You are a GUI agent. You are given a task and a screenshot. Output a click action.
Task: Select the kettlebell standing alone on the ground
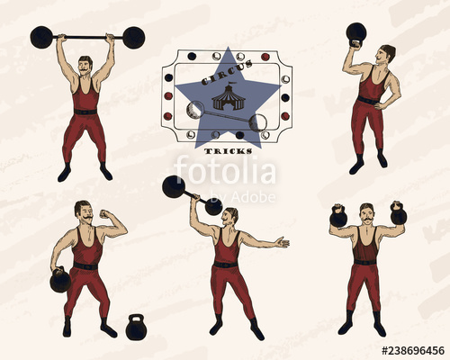point(136,328)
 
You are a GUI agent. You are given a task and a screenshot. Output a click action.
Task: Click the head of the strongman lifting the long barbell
point(85,66)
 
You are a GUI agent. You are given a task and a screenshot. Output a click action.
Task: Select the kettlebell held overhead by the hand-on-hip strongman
point(356,34)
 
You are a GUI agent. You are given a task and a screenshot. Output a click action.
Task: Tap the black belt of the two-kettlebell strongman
point(364,262)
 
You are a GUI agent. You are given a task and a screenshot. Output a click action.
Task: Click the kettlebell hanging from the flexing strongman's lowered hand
point(60,280)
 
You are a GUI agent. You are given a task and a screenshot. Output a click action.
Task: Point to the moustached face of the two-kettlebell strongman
point(367,214)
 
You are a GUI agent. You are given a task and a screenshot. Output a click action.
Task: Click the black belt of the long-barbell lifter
point(85,111)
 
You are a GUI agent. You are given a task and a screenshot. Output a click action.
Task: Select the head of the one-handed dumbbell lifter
point(230,217)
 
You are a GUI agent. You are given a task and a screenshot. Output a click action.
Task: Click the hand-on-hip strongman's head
point(387,54)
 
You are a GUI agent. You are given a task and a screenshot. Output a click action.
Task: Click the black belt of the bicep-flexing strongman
point(85,266)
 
